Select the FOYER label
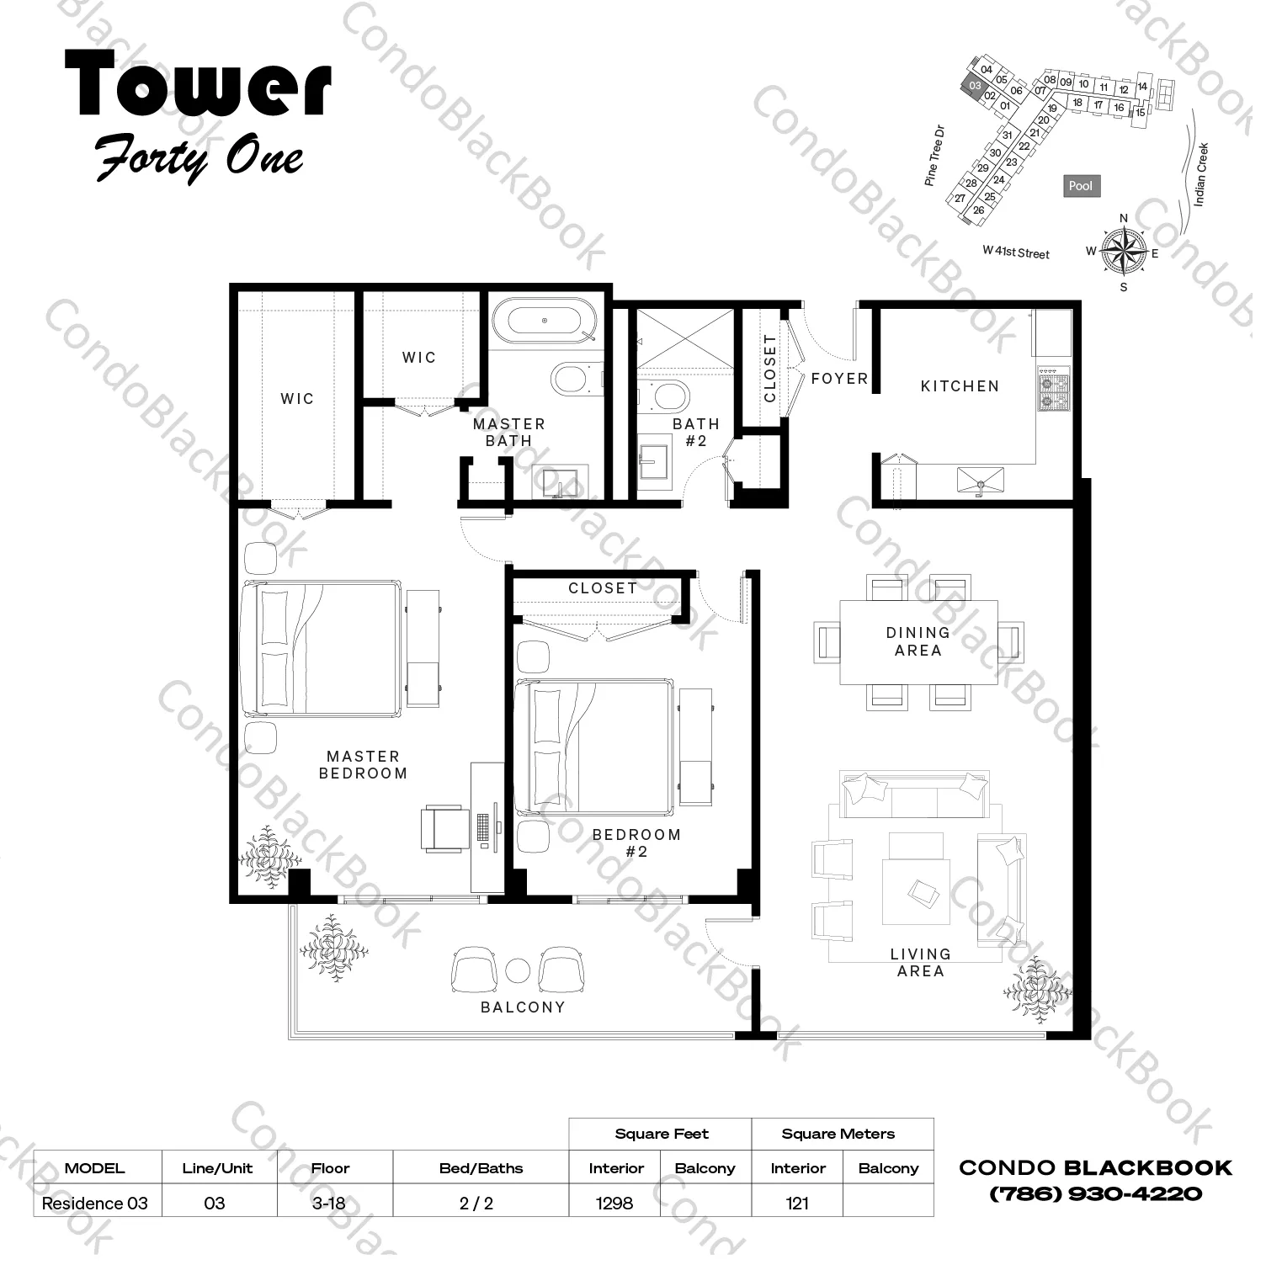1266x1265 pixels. point(848,382)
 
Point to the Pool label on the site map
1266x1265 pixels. point(1093,188)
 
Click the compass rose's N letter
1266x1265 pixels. point(1136,221)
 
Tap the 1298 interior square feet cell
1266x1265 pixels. point(620,1216)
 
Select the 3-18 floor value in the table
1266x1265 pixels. point(332,1216)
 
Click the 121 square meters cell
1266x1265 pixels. point(806,1216)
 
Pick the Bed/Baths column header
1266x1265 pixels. point(486,1180)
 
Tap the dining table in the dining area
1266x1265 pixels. point(928,649)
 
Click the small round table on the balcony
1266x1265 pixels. point(524,981)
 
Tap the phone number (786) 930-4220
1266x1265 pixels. point(1107,1206)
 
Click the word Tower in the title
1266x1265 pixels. point(200,84)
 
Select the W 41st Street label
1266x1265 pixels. point(1027,255)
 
